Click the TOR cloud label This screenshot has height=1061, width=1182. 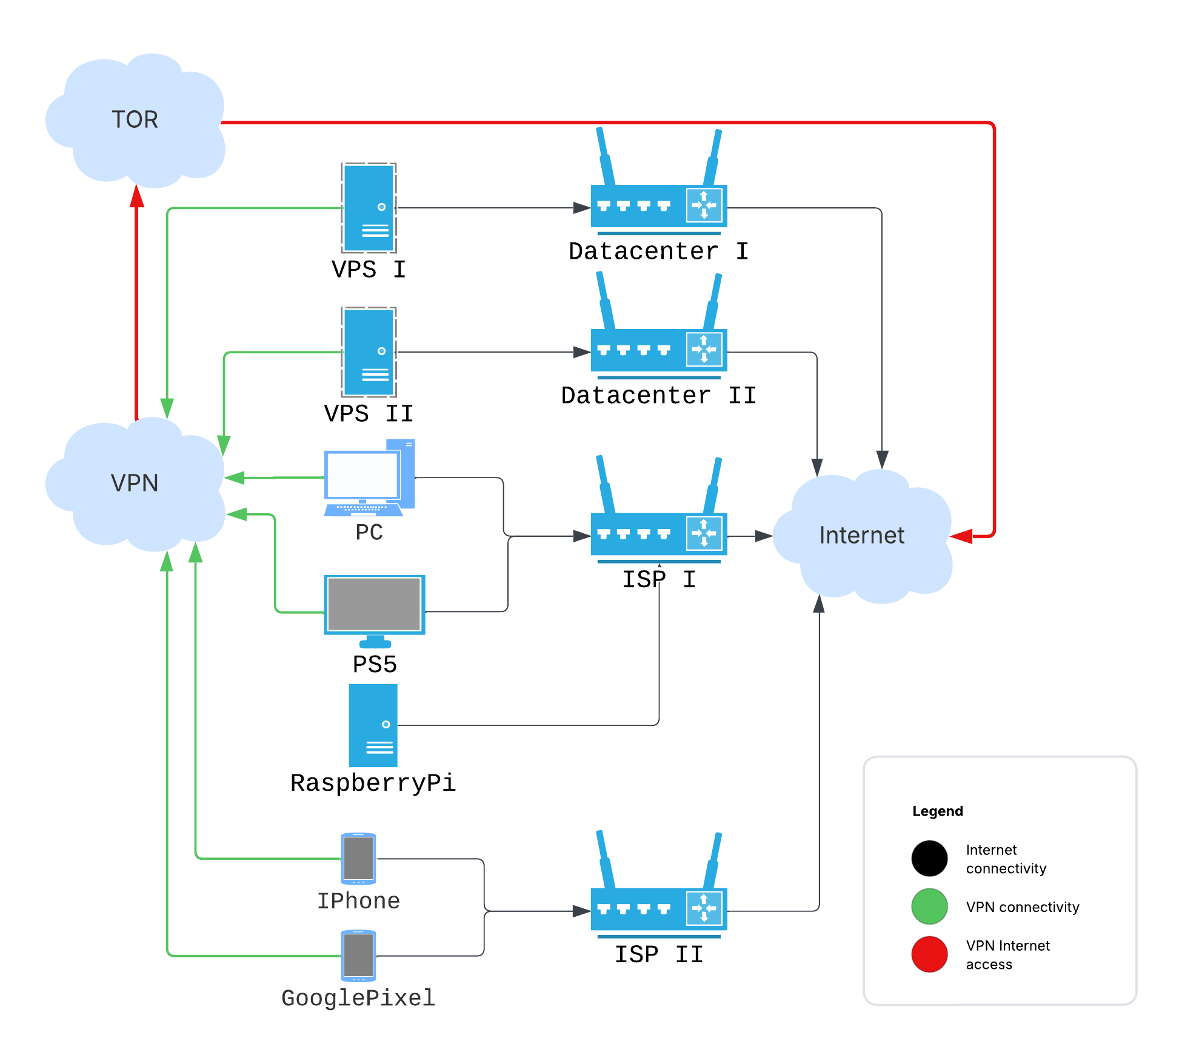(x=135, y=119)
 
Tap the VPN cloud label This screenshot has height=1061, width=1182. (x=135, y=483)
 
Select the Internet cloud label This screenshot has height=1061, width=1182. (x=861, y=535)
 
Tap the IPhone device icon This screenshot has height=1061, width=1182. (x=358, y=859)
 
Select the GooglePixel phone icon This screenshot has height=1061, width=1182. (x=358, y=956)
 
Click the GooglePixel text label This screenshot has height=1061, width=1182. (x=358, y=998)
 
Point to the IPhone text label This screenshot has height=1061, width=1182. (x=358, y=901)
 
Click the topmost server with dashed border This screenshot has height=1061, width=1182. (x=369, y=208)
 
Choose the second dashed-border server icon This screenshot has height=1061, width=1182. (x=369, y=352)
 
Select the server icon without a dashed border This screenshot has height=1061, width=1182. (x=373, y=725)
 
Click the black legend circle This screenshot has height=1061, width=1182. (x=929, y=858)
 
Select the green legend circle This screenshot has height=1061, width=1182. (x=929, y=906)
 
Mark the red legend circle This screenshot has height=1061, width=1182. (x=929, y=954)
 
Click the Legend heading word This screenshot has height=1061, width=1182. (x=937, y=811)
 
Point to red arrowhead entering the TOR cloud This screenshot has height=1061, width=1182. (x=137, y=197)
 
